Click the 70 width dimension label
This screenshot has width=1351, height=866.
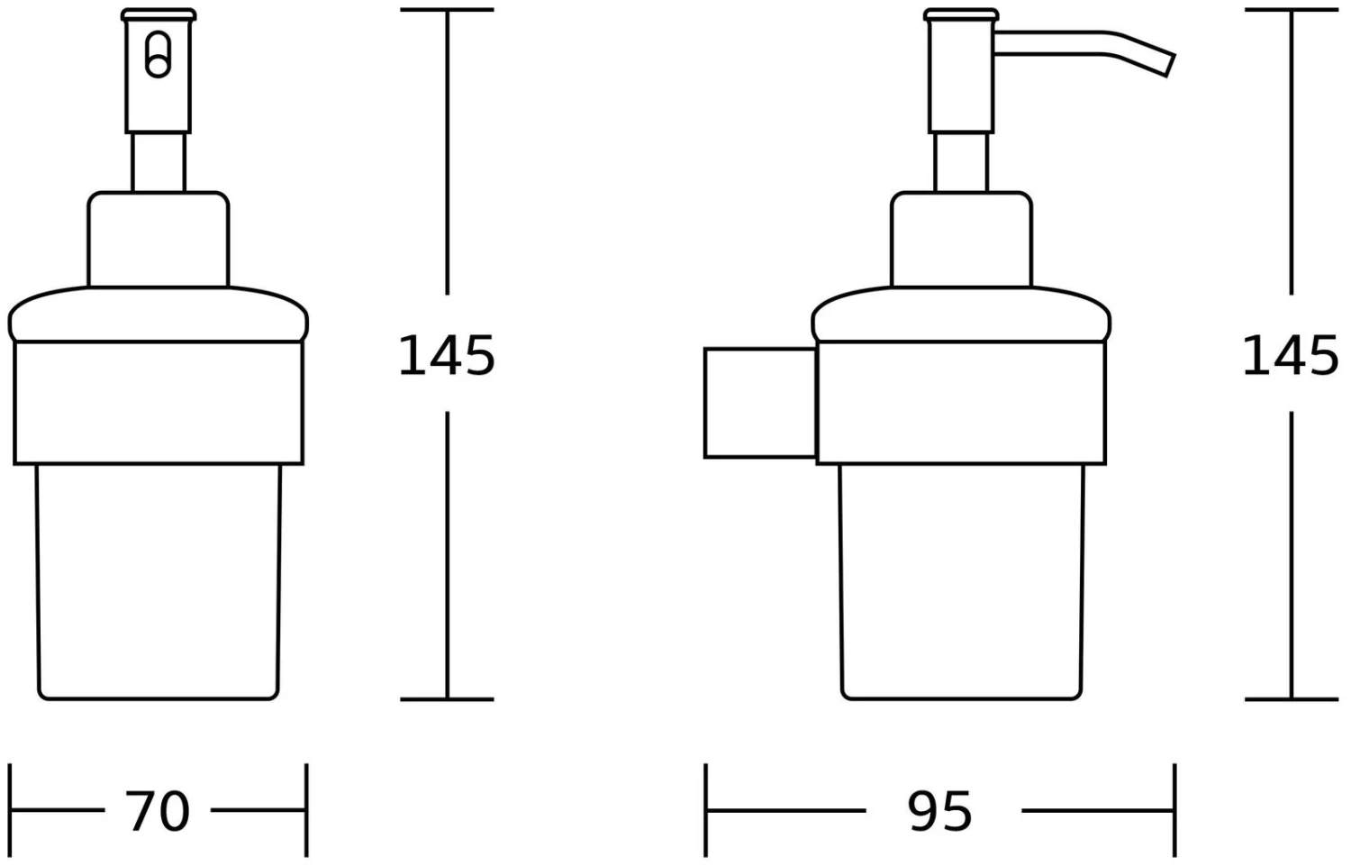pyautogui.click(x=158, y=811)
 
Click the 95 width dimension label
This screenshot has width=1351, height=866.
pyautogui.click(x=939, y=811)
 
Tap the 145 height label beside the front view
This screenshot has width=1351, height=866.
pyautogui.click(x=447, y=356)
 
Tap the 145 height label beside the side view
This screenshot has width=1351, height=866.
pyautogui.click(x=1291, y=356)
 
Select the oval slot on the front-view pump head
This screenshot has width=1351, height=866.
pyautogui.click(x=158, y=54)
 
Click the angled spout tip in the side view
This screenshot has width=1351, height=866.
pyautogui.click(x=1170, y=65)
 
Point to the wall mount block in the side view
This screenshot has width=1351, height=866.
pyautogui.click(x=760, y=403)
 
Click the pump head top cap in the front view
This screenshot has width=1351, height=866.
pyautogui.click(x=159, y=14)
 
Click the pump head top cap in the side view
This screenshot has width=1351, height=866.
pyautogui.click(x=961, y=14)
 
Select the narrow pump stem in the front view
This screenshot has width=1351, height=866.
pyautogui.click(x=159, y=162)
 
